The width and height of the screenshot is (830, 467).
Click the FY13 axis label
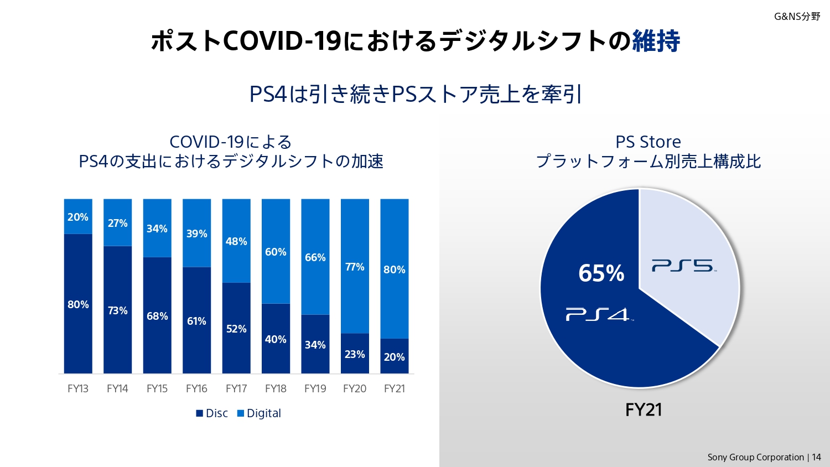(x=78, y=388)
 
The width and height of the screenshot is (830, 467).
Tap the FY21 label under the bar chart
(x=395, y=388)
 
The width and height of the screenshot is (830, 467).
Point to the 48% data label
(x=236, y=241)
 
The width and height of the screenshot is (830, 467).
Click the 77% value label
(x=355, y=267)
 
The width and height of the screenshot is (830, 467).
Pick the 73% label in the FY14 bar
(x=117, y=310)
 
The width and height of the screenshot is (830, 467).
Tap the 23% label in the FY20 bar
(x=355, y=354)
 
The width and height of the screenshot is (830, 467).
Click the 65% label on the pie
(x=601, y=273)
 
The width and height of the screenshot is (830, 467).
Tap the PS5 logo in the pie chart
(x=683, y=266)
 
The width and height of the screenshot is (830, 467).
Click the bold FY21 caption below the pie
(x=644, y=410)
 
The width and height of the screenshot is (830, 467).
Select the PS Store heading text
(x=648, y=142)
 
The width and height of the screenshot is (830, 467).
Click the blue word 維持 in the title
(x=656, y=41)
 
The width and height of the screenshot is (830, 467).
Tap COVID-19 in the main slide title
(x=282, y=41)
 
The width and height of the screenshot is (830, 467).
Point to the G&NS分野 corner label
(x=797, y=17)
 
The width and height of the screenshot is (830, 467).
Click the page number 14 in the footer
(x=817, y=457)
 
